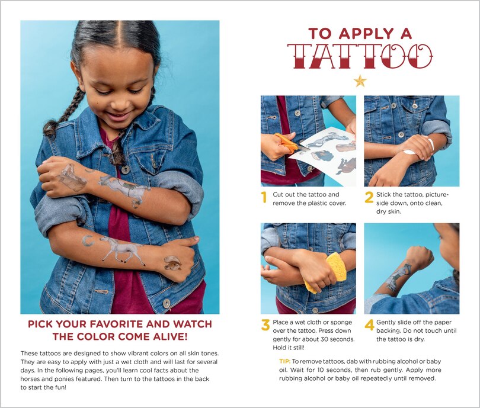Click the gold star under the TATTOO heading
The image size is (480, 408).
coord(360,81)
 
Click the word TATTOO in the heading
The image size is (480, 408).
coord(360,56)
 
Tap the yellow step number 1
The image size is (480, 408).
coord(264,198)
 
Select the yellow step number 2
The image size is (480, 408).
coord(369,198)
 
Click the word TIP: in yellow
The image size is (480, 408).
coord(284,361)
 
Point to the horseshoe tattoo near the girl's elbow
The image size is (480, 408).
coord(88,240)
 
